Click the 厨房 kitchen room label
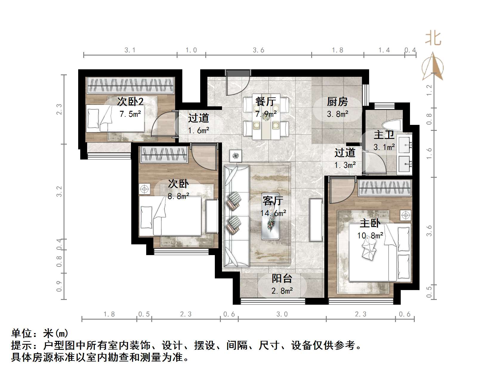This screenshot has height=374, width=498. (x=337, y=102)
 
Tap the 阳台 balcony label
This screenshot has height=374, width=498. (x=282, y=278)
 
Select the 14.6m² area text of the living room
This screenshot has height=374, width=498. (x=273, y=213)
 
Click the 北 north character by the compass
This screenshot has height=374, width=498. (x=433, y=39)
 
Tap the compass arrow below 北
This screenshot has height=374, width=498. (x=433, y=67)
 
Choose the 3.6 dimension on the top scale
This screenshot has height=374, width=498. (x=258, y=50)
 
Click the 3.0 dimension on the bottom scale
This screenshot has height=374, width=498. (x=282, y=314)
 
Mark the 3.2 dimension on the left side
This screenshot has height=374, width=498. (x=59, y=191)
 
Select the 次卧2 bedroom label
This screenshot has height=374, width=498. (x=130, y=102)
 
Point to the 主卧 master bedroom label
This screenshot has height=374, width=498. (x=370, y=223)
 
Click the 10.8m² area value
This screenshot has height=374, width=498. (x=370, y=236)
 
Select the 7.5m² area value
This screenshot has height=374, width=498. (x=130, y=114)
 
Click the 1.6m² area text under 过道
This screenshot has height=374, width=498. (x=198, y=131)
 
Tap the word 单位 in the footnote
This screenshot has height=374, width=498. (x=22, y=333)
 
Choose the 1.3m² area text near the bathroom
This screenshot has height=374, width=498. (x=345, y=165)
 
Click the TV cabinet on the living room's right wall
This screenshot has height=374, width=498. (x=316, y=220)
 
